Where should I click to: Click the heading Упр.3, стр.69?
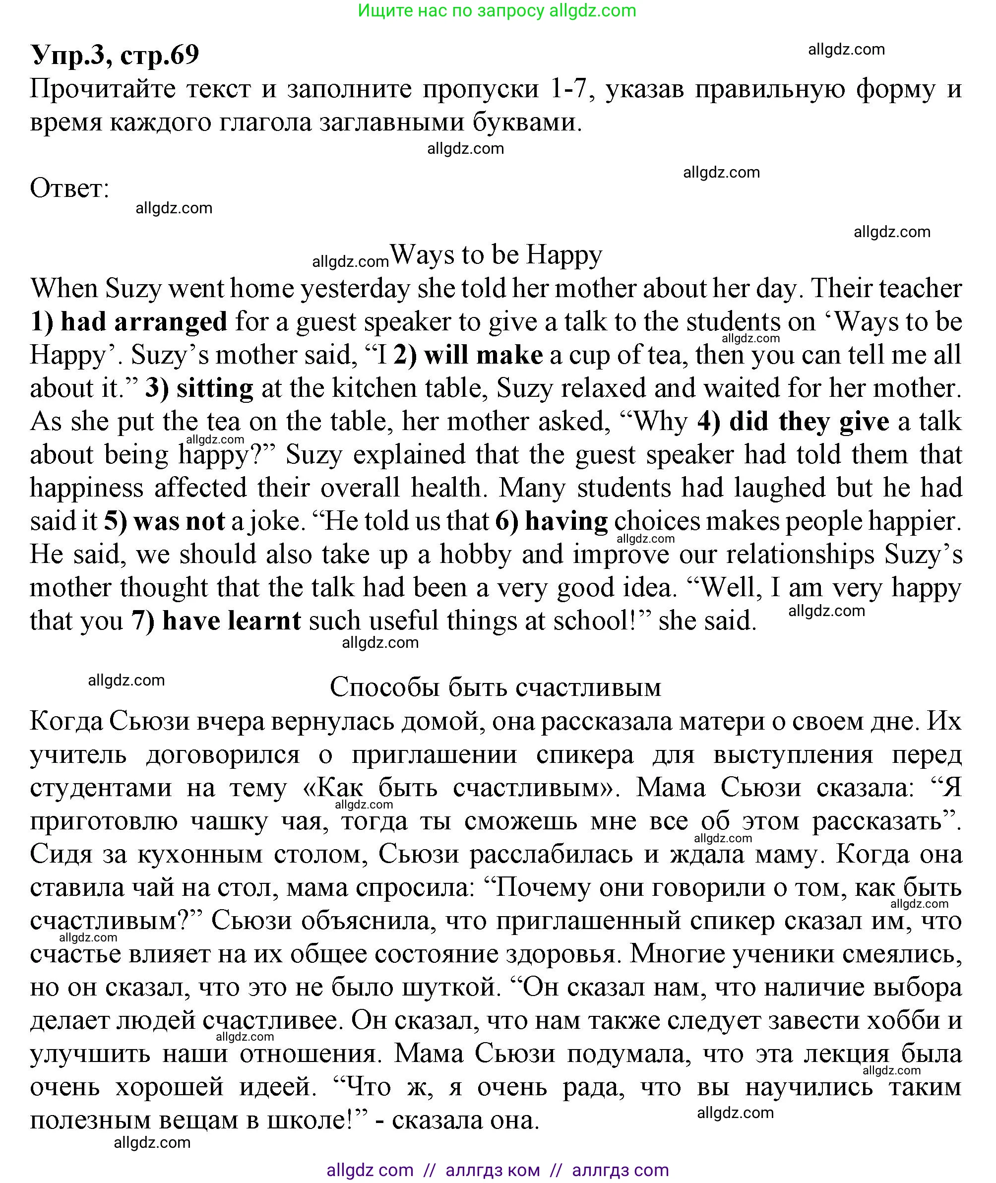point(115,55)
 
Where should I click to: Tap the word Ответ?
point(69,188)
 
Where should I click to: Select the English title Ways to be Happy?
point(497,254)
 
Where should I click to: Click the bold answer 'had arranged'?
point(143,322)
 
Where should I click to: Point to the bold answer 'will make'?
point(483,355)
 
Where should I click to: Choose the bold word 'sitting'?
point(215,388)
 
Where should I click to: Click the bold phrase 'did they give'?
point(809,422)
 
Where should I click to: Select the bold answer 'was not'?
point(179,521)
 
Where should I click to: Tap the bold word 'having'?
point(566,521)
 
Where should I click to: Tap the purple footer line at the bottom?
point(498,1170)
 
